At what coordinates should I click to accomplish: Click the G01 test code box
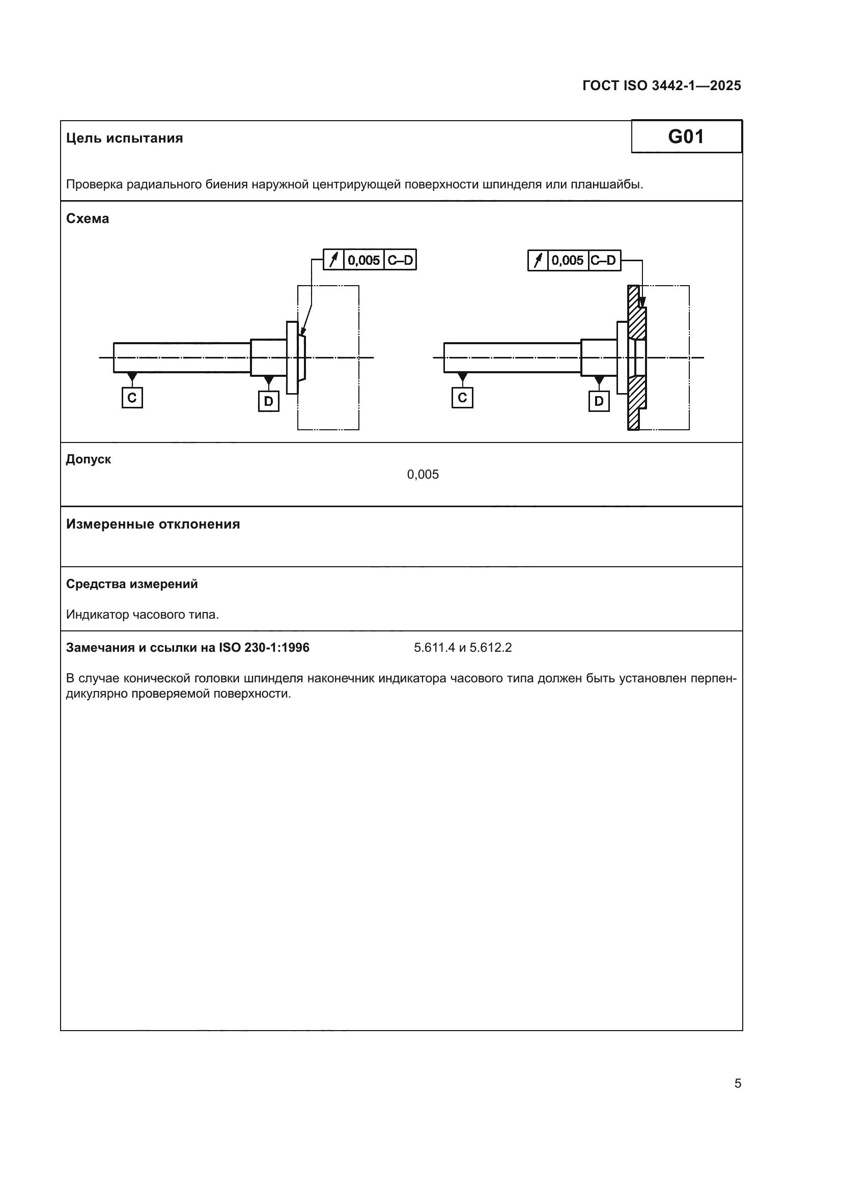686,137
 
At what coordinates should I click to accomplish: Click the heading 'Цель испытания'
124,139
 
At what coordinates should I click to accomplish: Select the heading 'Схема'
88,219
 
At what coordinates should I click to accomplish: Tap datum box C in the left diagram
132,398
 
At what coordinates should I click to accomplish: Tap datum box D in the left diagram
269,401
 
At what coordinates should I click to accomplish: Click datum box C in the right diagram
462,398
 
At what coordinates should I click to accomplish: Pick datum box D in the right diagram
599,401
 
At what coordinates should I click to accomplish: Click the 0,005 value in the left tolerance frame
363,260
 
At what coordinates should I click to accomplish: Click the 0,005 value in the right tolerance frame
567,260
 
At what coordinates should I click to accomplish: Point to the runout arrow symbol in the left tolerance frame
334,260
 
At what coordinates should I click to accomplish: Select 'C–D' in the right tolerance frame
604,260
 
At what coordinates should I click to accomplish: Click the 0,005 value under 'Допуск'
423,475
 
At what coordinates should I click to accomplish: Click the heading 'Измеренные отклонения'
153,524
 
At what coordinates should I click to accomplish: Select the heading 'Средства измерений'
132,584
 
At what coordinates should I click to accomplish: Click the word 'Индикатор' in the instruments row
97,615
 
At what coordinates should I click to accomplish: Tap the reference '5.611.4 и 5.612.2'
462,648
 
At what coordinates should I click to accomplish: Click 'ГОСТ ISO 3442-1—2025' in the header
662,86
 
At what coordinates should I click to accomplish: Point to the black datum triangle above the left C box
132,376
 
